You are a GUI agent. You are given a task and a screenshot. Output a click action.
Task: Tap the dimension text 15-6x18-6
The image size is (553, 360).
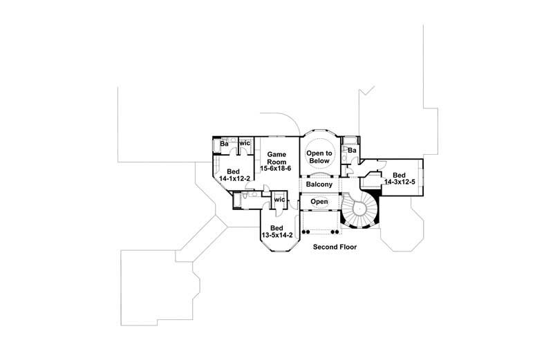[x=276, y=168]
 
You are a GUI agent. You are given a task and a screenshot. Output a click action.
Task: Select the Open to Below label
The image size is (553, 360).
[x=319, y=155]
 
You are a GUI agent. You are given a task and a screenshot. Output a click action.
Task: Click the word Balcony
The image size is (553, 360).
[x=319, y=184]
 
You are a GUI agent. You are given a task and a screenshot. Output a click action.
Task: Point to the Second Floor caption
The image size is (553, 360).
[x=335, y=246]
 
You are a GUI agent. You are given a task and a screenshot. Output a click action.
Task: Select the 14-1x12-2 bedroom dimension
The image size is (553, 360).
[x=234, y=178]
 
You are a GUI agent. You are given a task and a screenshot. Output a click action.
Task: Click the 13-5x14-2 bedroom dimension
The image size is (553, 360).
[x=276, y=236]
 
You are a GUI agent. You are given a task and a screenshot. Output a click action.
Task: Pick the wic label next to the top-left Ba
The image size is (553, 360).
[x=244, y=143]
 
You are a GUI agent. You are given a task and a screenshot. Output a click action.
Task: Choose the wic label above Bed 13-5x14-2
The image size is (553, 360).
[x=279, y=200]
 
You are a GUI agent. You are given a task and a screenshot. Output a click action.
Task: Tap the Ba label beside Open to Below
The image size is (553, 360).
[x=352, y=150]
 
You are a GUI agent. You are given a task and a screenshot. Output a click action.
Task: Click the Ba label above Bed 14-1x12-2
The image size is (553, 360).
[x=225, y=143]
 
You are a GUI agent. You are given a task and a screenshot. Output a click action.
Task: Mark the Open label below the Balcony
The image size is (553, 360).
[x=319, y=202]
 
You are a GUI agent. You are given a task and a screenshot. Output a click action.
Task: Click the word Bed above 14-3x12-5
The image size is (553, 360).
[x=399, y=175]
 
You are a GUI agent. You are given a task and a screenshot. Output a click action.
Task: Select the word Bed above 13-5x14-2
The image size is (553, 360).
[x=276, y=227]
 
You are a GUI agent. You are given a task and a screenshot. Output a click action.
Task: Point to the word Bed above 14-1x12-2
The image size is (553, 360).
[x=234, y=170]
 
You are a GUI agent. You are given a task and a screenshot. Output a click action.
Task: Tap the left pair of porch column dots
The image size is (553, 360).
[x=306, y=232]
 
